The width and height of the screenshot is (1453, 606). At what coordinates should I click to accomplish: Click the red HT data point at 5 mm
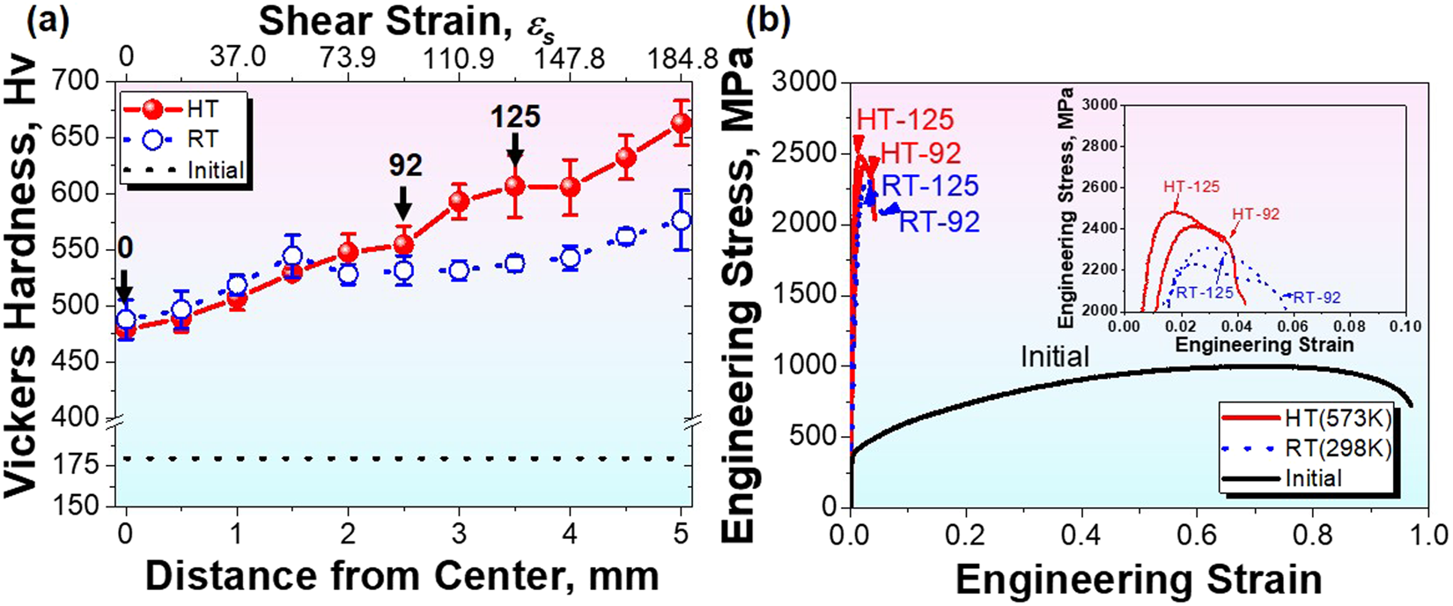(680, 124)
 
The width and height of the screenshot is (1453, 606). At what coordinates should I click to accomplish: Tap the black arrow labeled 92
(403, 202)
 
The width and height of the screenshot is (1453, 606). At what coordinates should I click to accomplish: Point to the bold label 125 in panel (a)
(515, 116)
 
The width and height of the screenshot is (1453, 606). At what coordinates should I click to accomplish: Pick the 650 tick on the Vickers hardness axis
(87, 137)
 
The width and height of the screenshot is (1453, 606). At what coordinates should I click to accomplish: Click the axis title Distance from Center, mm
(402, 575)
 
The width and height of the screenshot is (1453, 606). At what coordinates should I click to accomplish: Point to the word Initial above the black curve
(1055, 357)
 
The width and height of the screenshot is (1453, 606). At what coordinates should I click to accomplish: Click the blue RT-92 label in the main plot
(939, 222)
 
